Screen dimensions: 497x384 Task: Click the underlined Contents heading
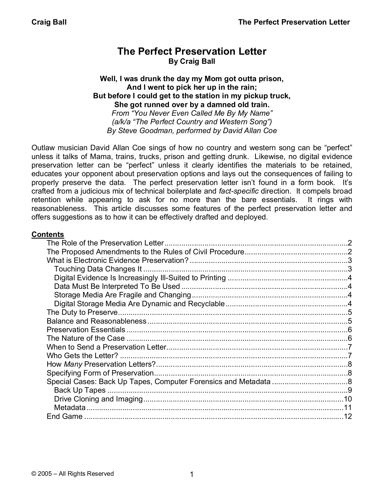48,234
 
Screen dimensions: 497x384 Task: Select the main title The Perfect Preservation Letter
192,51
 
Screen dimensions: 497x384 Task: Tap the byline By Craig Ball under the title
192,61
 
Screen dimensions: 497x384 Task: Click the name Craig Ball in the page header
49,22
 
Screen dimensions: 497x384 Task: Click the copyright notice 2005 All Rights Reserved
73,474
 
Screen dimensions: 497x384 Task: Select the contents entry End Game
65,416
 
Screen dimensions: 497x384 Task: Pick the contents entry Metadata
70,408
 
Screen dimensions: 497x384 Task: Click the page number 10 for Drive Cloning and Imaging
348,399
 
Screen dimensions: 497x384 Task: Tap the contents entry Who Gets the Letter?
82,356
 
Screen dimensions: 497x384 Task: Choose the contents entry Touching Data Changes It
98,269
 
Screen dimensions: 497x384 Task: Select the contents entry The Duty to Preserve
82,313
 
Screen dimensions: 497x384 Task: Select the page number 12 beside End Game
348,416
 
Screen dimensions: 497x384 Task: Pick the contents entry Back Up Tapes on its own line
80,390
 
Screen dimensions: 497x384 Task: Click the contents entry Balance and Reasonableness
96,321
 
